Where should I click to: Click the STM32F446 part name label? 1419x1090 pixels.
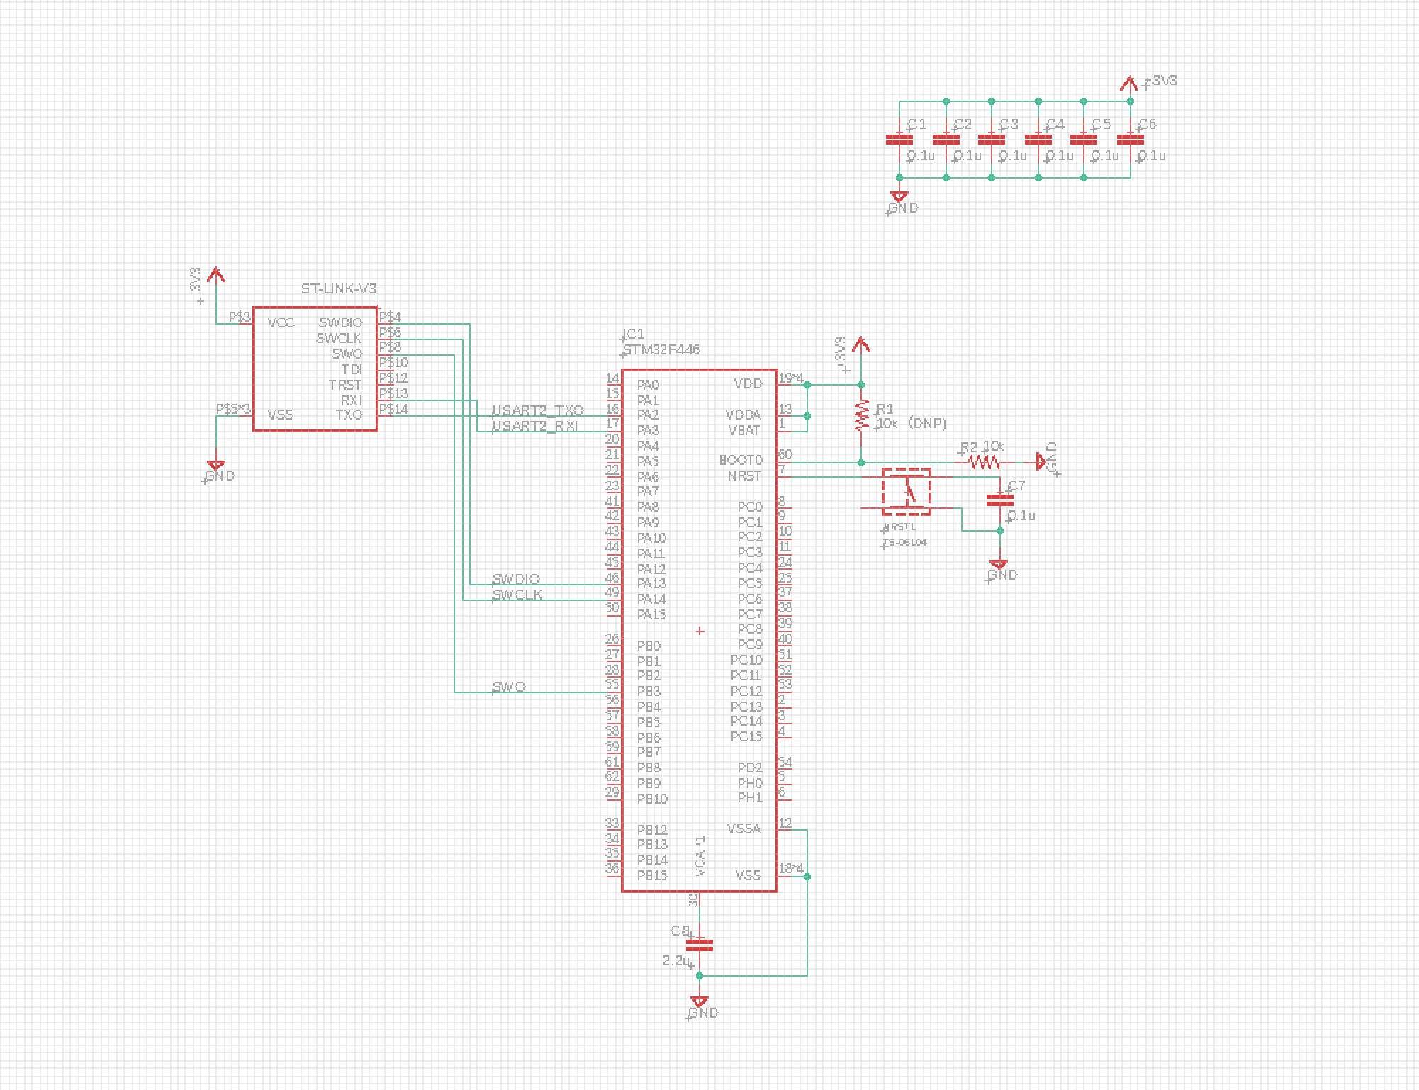(x=661, y=350)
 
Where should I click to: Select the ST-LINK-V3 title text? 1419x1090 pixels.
(x=339, y=289)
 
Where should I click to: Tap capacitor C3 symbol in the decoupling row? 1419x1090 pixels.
(x=992, y=140)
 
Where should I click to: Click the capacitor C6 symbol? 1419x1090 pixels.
(x=1130, y=140)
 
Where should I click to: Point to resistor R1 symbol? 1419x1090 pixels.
(x=861, y=416)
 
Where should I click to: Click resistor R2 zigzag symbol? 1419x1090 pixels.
(x=984, y=463)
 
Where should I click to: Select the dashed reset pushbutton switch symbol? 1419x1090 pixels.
(x=907, y=491)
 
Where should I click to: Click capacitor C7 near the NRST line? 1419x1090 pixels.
(x=1000, y=499)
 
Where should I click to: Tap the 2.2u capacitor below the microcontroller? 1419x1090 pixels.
(x=700, y=945)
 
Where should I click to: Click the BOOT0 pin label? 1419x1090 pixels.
(x=741, y=461)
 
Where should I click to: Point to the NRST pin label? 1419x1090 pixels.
(x=744, y=476)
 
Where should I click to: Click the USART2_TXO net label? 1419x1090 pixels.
(x=538, y=411)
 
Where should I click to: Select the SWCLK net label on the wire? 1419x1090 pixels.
(x=517, y=595)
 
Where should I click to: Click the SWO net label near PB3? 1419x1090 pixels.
(x=509, y=687)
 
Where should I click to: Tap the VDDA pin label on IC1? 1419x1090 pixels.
(x=743, y=415)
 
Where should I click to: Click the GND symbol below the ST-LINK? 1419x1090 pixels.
(x=216, y=466)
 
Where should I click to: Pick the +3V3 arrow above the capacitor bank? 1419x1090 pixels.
(x=1130, y=84)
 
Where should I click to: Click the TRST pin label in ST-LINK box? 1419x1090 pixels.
(x=345, y=385)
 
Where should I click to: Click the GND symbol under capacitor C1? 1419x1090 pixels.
(x=899, y=197)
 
